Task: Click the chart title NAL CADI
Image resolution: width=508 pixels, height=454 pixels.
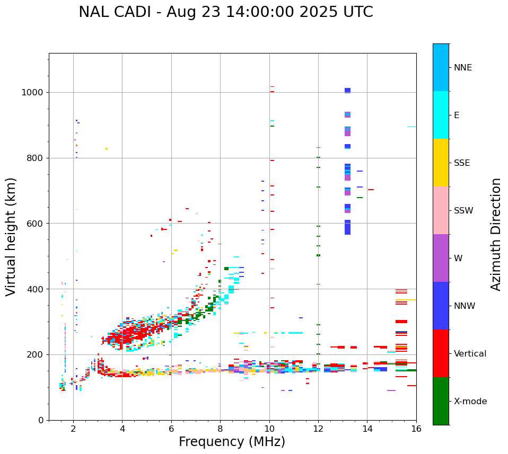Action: [x=225, y=12]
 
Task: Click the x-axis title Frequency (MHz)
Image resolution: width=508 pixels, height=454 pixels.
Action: [x=232, y=442]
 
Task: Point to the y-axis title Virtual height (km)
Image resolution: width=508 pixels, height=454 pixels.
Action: [x=11, y=236]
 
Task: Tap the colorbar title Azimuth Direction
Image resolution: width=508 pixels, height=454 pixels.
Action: [x=496, y=234]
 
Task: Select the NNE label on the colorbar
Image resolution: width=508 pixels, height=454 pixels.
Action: [x=462, y=68]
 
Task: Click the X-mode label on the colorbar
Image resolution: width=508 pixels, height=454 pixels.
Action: [x=470, y=402]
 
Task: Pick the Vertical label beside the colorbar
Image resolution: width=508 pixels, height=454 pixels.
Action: [x=470, y=354]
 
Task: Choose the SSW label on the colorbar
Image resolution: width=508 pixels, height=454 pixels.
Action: [x=463, y=211]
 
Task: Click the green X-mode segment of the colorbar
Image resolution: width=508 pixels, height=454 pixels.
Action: [x=441, y=401]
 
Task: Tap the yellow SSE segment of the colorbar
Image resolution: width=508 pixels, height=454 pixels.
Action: [x=441, y=163]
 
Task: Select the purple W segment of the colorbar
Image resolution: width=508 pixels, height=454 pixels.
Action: [x=441, y=258]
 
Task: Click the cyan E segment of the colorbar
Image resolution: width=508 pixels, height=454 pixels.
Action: [x=441, y=115]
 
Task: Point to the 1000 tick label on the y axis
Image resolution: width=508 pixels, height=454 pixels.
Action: [x=33, y=92]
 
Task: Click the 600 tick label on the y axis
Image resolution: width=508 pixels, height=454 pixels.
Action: [x=35, y=224]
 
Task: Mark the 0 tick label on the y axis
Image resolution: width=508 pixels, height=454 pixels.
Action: [x=41, y=420]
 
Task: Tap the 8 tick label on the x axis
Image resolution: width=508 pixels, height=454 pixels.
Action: [x=220, y=429]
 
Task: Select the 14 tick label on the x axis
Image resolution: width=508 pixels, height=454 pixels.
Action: [x=367, y=429]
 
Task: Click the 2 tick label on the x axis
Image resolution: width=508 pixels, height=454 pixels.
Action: [x=73, y=429]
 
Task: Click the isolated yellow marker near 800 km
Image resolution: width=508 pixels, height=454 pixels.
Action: [x=107, y=149]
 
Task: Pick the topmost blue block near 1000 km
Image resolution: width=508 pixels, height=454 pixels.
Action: [x=347, y=90]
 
